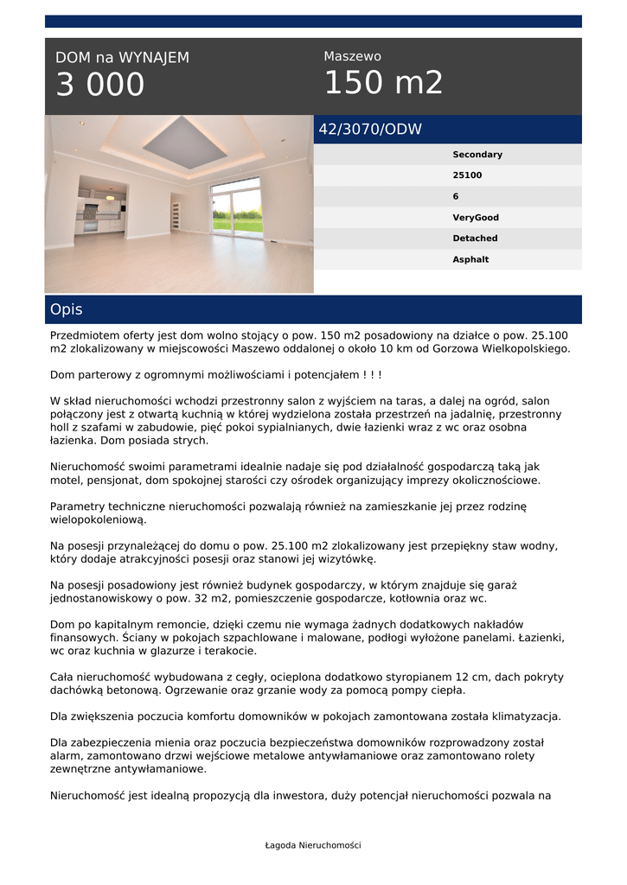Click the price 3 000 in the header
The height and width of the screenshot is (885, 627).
click(x=100, y=85)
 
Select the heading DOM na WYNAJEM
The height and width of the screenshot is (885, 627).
click(x=122, y=58)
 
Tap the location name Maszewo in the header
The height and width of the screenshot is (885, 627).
click(x=352, y=56)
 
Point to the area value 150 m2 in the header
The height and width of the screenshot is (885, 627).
click(x=383, y=83)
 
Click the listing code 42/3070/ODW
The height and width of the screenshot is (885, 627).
click(x=370, y=130)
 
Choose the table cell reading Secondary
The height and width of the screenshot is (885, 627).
click(x=477, y=155)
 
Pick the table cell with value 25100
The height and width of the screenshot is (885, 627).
click(x=467, y=175)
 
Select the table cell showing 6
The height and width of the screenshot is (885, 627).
click(x=456, y=196)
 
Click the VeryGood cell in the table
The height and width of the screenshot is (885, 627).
click(x=476, y=218)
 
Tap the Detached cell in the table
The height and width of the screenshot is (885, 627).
click(x=475, y=239)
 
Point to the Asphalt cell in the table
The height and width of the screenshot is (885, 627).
click(x=470, y=259)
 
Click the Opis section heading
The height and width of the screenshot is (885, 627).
click(x=67, y=309)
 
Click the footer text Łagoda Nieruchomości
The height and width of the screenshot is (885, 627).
click(x=313, y=845)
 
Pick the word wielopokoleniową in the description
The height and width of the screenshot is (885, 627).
click(x=98, y=519)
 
